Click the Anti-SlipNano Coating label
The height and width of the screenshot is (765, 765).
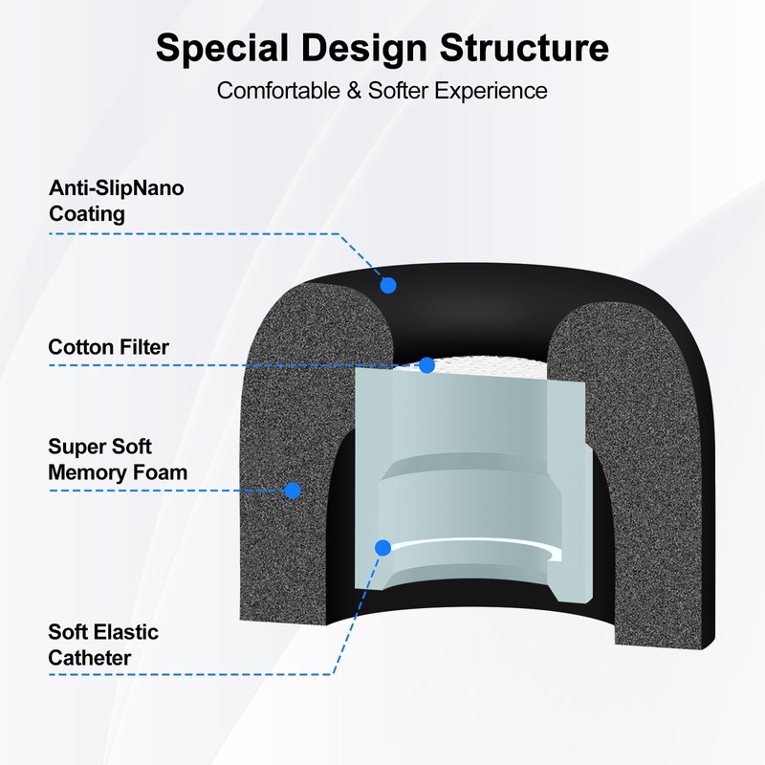[x=116, y=201]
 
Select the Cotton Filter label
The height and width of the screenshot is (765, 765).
[x=108, y=347]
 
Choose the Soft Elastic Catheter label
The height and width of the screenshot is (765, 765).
[x=103, y=645]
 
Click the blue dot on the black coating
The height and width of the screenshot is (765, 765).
[x=388, y=284]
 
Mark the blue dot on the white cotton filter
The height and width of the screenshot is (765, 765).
[x=427, y=365]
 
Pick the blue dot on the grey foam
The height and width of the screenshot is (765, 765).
[x=293, y=491]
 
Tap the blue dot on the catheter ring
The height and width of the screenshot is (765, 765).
[x=382, y=548]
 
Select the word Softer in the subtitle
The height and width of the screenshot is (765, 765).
[x=404, y=91]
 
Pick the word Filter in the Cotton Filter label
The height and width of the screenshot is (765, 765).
[x=142, y=347]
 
